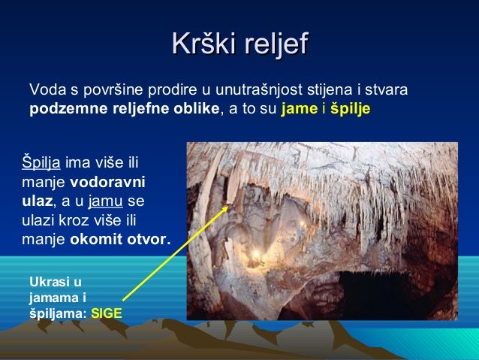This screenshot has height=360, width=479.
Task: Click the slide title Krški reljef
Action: [x=239, y=44]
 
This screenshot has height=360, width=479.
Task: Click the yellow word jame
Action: [x=294, y=108]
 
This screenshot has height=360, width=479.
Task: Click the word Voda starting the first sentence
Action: [x=44, y=91]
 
